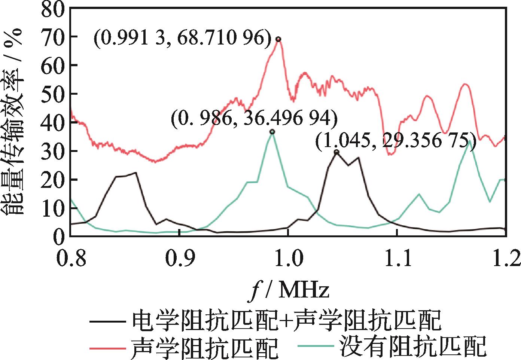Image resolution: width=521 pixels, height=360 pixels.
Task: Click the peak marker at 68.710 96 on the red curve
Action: pyautogui.click(x=278, y=39)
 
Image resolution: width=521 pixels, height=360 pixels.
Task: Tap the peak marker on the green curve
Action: pyautogui.click(x=272, y=132)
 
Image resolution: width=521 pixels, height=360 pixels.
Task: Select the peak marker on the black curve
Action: pyautogui.click(x=336, y=152)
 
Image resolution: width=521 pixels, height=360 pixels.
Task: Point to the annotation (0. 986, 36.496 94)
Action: pyautogui.click(x=254, y=119)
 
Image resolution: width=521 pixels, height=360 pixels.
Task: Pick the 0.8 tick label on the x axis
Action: pyautogui.click(x=70, y=258)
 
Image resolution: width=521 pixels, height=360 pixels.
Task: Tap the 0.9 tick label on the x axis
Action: pyautogui.click(x=179, y=258)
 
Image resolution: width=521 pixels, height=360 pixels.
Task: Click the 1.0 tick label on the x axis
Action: pyautogui.click(x=288, y=258)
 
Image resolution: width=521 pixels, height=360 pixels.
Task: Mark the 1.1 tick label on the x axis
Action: pyautogui.click(x=397, y=258)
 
